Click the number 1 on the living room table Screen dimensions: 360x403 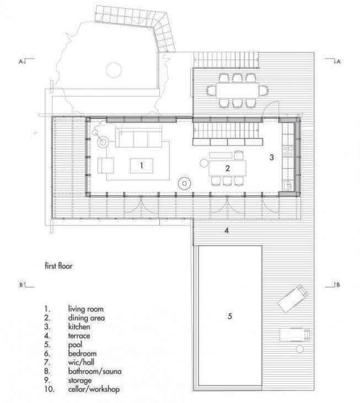(x=142, y=165)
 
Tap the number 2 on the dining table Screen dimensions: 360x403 (x=227, y=168)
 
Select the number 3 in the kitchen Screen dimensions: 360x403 (x=272, y=157)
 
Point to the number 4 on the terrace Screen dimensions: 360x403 (x=227, y=230)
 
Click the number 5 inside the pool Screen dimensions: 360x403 (x=230, y=316)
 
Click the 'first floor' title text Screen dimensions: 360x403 (x=58, y=266)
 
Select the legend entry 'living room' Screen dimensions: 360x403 (x=86, y=309)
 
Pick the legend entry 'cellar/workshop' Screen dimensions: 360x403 (x=94, y=389)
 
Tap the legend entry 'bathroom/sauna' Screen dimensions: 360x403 (x=95, y=371)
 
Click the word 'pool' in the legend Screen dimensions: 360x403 (x=75, y=345)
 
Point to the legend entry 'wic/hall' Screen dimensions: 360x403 (x=81, y=362)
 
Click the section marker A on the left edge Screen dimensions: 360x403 (x=21, y=61)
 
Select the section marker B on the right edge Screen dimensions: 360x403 (x=338, y=285)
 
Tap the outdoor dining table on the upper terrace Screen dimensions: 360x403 (x=238, y=90)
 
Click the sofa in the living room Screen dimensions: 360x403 (x=138, y=138)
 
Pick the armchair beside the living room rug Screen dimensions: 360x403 (x=106, y=165)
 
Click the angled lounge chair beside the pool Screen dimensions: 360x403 (x=293, y=299)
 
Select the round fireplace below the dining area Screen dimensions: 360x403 (x=184, y=183)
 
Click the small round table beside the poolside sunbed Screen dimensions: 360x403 (x=299, y=349)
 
